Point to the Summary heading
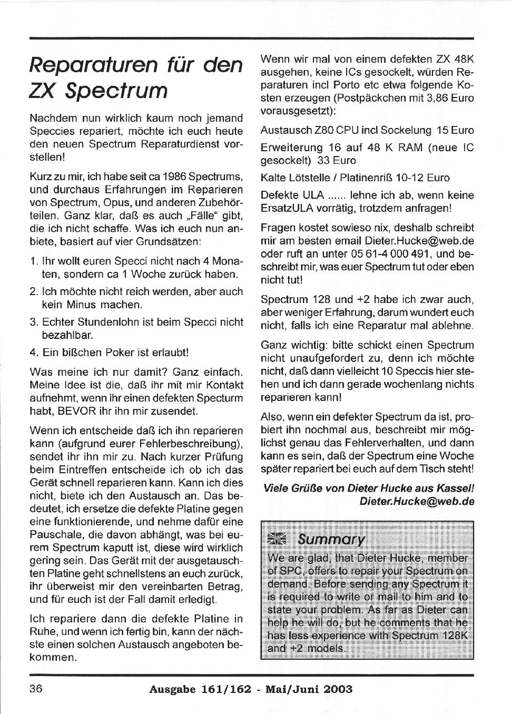331,540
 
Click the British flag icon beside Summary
278,540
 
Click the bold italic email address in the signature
417,502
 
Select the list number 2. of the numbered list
34,291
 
